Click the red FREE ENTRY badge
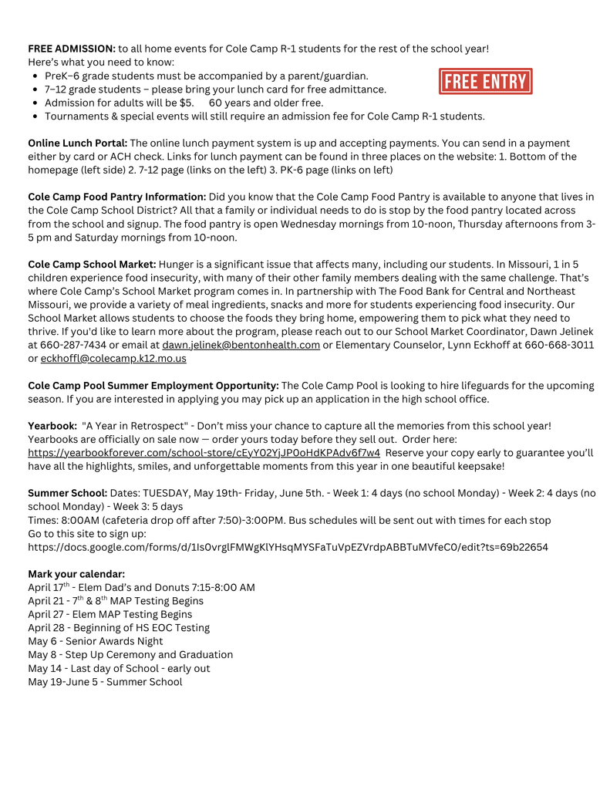(485, 81)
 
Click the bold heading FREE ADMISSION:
(72, 49)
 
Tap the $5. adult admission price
(186, 103)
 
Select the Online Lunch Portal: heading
(78, 143)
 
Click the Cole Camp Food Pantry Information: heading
(117, 197)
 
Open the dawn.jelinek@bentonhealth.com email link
(241, 345)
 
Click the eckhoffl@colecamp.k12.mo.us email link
(113, 358)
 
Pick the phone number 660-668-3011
(559, 345)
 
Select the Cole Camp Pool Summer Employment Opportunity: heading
(153, 385)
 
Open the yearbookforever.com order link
(204, 453)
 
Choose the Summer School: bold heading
(68, 493)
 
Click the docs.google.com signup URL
(288, 546)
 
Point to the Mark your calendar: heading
(76, 574)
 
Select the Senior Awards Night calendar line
(96, 641)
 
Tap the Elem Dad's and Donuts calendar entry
(141, 587)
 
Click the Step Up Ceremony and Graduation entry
(130, 654)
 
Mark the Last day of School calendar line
(119, 668)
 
